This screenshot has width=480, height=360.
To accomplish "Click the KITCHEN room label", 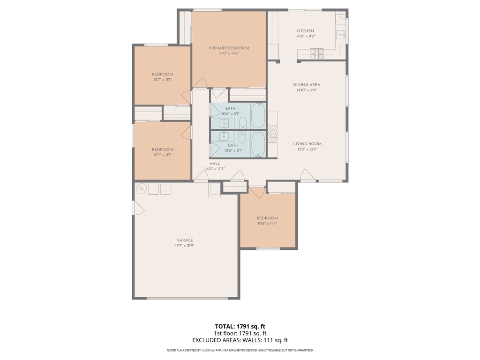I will coord(305,31).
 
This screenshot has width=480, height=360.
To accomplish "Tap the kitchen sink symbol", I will coord(341,34).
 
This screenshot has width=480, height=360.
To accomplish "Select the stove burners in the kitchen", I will coord(317,53).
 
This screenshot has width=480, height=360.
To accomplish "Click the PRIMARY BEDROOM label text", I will coord(229,48).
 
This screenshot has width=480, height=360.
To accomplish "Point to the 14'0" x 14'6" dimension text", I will coord(229,53).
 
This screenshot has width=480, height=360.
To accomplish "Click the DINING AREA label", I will coord(307,85).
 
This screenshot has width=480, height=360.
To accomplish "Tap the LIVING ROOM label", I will coord(307,144).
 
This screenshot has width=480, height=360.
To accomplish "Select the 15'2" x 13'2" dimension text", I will coord(307,150).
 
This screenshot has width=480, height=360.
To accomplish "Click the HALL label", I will coord(215,164).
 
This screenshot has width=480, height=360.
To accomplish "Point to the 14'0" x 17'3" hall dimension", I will coord(215,169).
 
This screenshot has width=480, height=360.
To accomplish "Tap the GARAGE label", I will coord(185,240).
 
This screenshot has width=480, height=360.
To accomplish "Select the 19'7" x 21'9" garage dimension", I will coord(185,246).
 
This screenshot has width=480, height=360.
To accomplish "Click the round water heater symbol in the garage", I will coord(141,189).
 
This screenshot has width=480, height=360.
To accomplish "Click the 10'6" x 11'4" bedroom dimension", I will coord(267,224).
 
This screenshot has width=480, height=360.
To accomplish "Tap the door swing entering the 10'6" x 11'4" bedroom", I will coord(257,192).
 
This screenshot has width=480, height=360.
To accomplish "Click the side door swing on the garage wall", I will coord(139,209).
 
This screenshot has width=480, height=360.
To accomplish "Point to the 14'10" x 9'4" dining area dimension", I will coord(307,90).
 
